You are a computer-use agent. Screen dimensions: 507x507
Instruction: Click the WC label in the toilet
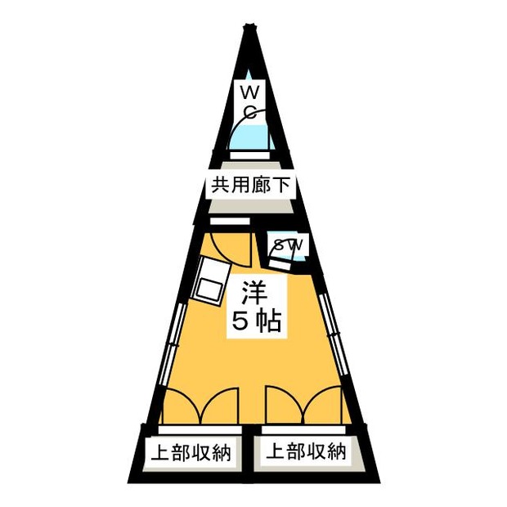pos(250,102)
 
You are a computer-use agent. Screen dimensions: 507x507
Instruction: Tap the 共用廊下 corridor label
pos(250,186)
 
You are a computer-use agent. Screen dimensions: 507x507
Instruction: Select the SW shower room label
pos(289,245)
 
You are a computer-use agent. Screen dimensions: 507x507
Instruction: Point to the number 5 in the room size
pos(241,321)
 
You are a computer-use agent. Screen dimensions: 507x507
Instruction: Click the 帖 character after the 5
pos(268,321)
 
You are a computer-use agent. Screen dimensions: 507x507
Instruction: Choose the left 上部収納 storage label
pos(191,453)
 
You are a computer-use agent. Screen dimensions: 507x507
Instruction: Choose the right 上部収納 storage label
pos(306,451)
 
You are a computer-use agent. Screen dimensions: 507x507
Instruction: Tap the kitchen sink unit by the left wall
pos(211,280)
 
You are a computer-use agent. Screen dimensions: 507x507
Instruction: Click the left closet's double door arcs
pos(200,406)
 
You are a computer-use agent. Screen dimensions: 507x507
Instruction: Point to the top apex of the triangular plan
pos(249,26)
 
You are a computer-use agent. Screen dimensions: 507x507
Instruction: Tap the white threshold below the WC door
pos(249,155)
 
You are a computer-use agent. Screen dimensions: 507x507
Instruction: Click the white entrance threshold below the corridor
pos(230,221)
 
